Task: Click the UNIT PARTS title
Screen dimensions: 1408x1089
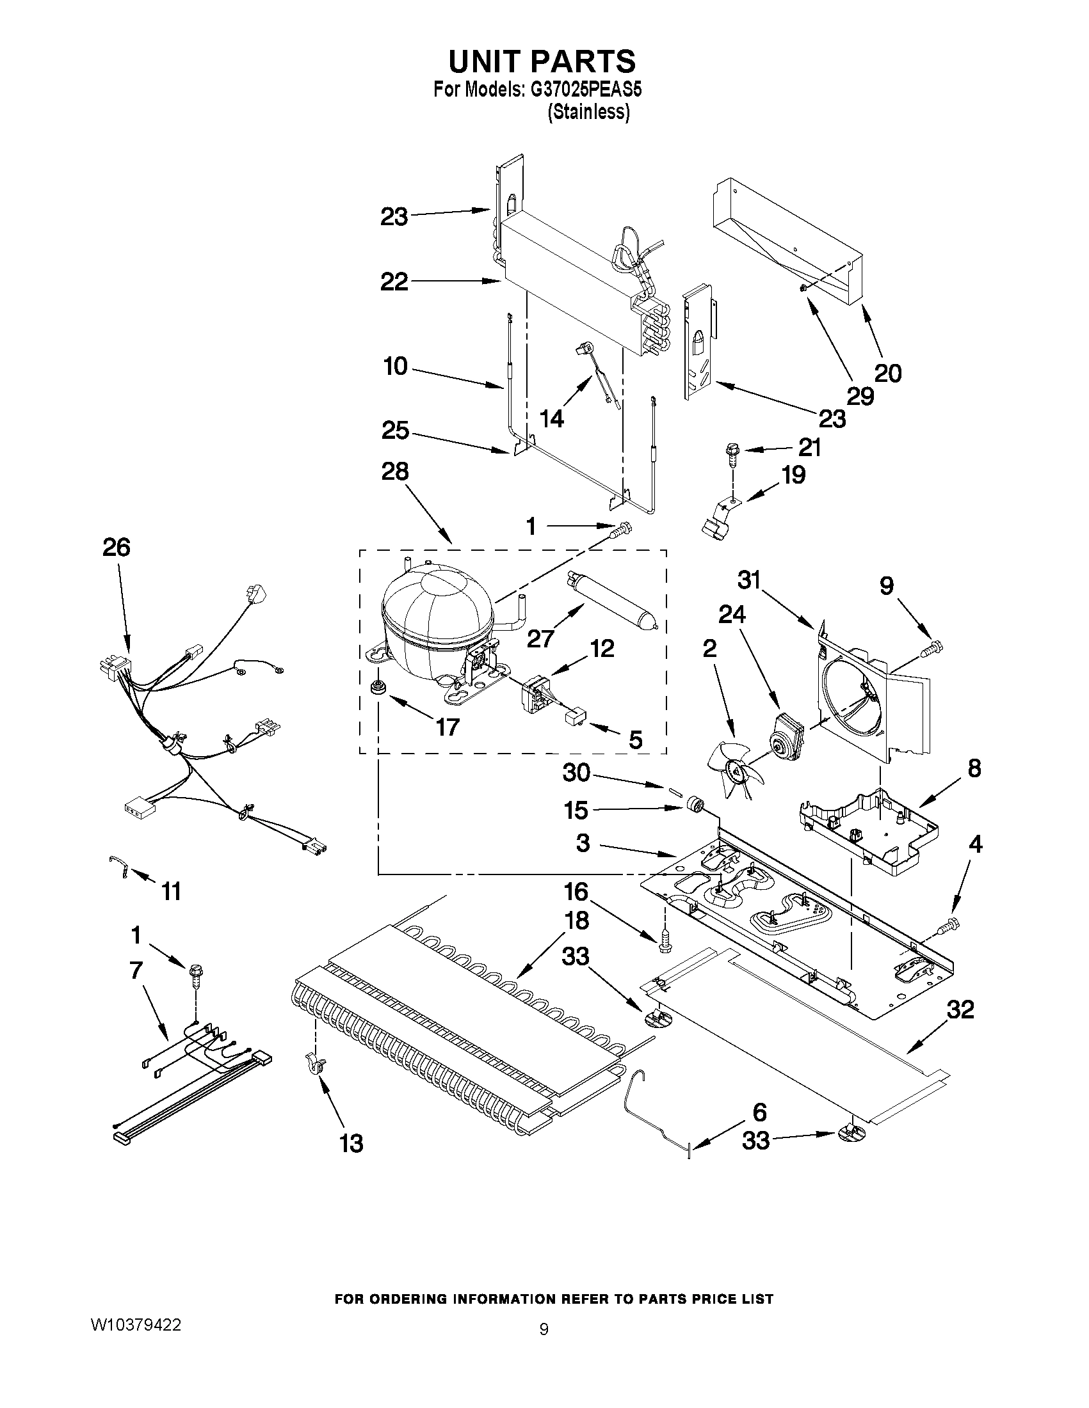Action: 542,61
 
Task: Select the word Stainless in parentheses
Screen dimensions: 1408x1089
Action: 588,112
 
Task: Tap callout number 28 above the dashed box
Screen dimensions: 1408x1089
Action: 395,472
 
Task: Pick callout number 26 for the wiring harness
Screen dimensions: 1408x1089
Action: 116,548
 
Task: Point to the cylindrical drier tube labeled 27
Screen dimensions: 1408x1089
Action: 609,596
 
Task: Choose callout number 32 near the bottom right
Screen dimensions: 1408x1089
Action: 959,1009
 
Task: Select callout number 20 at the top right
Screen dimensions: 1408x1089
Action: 888,372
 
